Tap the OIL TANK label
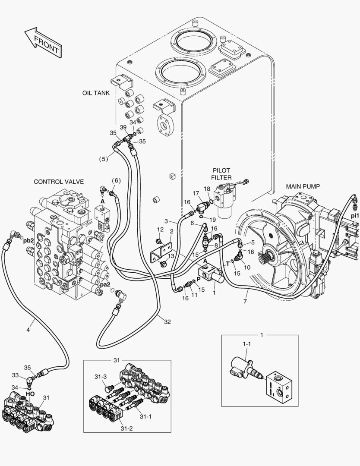tap(96, 93)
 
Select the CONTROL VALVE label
tap(59, 182)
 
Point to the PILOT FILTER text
tap(221, 174)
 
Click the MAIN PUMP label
tap(302, 186)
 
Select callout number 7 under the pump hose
tap(245, 301)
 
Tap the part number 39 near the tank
tap(123, 127)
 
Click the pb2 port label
tap(28, 241)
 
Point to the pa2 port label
tap(105, 284)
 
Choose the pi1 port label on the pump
tap(354, 215)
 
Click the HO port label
tap(30, 394)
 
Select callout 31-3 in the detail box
tap(100, 377)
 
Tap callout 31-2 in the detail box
tap(126, 428)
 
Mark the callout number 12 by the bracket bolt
tap(160, 229)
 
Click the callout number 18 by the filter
tap(207, 189)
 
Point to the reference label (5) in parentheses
tap(103, 159)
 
